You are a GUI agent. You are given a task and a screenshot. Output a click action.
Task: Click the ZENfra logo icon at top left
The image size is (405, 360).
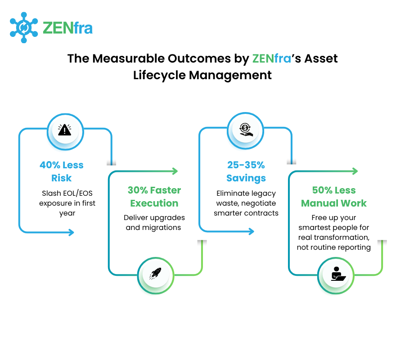click(x=24, y=27)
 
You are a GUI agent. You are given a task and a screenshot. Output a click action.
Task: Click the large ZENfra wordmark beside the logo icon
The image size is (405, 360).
click(x=67, y=28)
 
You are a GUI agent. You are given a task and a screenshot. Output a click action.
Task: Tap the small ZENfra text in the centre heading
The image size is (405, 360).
click(x=271, y=58)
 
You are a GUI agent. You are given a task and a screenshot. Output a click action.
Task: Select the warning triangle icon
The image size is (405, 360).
click(x=65, y=130)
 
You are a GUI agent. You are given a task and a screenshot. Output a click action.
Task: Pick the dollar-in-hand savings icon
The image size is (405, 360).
click(x=245, y=130)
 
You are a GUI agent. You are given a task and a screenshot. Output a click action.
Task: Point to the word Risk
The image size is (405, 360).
click(x=62, y=178)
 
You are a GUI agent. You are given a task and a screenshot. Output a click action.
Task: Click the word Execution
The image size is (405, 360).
click(x=154, y=203)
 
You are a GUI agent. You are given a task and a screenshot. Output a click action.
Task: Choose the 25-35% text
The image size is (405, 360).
click(x=246, y=165)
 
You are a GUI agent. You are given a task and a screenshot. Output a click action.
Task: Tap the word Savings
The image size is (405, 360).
click(x=246, y=178)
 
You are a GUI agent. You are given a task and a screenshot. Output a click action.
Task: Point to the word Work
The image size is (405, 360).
click(x=355, y=203)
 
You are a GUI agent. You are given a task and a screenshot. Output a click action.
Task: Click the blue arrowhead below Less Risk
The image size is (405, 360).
click(x=71, y=232)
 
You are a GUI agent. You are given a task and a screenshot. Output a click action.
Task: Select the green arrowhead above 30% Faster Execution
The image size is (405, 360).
click(x=175, y=171)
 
